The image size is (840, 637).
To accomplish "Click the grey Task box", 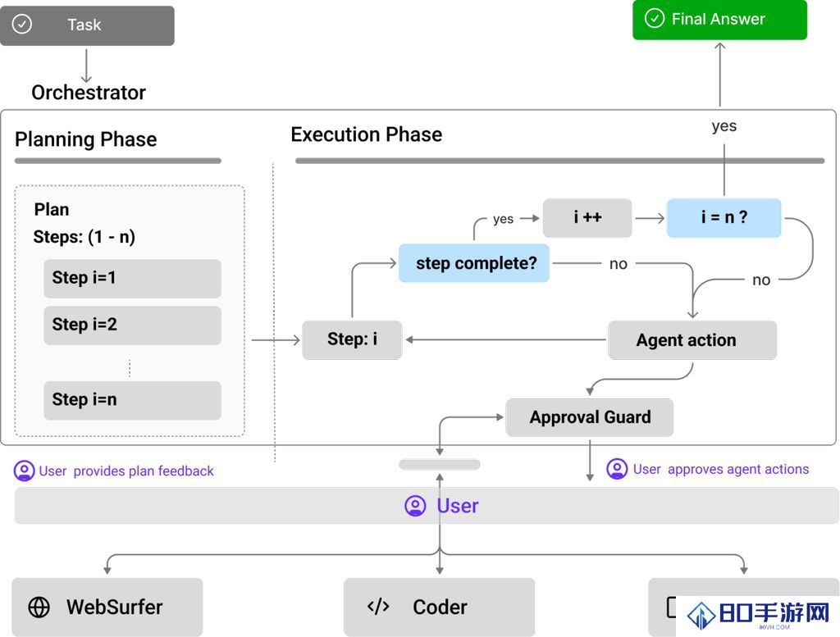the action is point(87,25).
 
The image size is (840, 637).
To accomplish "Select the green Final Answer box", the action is point(719,20).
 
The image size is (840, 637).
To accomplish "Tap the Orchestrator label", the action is point(89,93).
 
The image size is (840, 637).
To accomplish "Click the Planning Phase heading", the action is point(85,139).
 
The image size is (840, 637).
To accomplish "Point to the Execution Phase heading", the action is point(367,134).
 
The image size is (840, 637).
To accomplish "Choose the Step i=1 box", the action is point(132,279).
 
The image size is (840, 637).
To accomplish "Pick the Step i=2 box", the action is point(132,325).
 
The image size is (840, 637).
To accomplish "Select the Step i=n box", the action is point(132,400).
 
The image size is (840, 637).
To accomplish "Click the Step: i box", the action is point(352,340).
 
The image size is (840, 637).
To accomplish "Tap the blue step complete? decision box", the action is point(474,263).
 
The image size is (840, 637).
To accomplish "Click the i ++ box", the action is point(587,218).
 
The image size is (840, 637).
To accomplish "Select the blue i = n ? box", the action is point(724,218).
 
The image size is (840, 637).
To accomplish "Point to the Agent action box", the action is point(692,340).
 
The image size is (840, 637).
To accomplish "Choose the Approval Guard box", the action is point(589,417).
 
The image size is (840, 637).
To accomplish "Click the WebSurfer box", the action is point(107,607).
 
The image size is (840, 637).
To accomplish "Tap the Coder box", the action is point(440,607).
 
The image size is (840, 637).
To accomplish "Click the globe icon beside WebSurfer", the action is point(39,607).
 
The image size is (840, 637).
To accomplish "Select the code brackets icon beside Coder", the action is point(378,607).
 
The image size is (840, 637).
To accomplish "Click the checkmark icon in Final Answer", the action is point(654,18).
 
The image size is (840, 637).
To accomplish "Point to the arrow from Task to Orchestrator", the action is point(86,66).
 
